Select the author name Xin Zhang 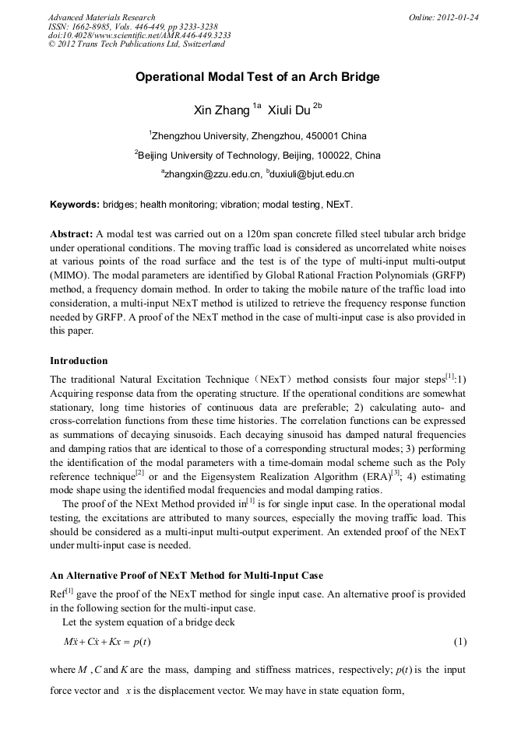pyautogui.click(x=221, y=110)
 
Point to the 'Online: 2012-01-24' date pyautogui.click(x=443, y=17)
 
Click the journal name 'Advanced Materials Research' pyautogui.click(x=101, y=17)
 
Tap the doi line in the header pyautogui.click(x=139, y=35)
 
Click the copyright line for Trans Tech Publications pyautogui.click(x=136, y=44)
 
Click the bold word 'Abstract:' pyautogui.click(x=71, y=234)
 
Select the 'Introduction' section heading pyautogui.click(x=79, y=361)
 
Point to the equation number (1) pyautogui.click(x=459, y=642)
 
